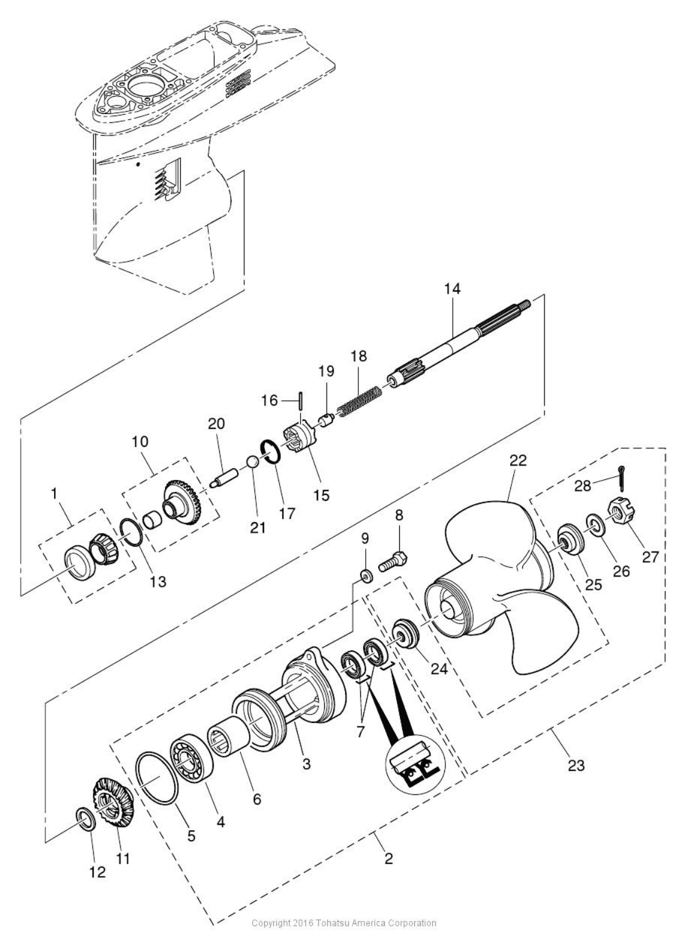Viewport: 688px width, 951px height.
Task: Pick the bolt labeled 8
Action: (394, 562)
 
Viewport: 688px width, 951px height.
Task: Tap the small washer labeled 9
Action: (364, 576)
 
